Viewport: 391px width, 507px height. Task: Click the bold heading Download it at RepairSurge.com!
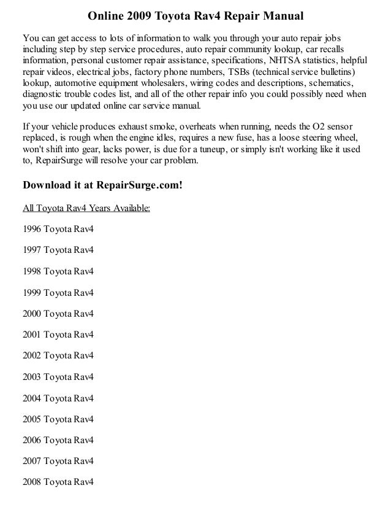click(102, 185)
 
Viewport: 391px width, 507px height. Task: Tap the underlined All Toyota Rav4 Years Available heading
click(86, 208)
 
